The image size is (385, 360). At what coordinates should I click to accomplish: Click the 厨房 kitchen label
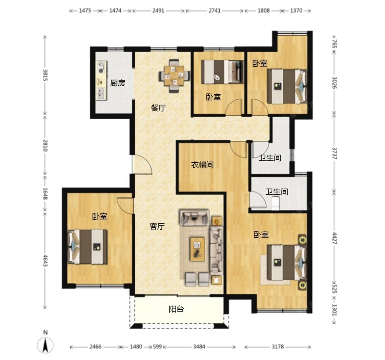coord(117,83)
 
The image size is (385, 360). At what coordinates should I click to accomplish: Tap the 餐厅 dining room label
coord(158,108)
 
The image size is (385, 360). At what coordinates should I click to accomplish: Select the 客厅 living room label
coord(157,226)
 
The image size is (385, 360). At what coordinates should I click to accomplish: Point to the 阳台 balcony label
coord(176,309)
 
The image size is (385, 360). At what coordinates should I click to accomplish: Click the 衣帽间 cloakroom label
coord(203,165)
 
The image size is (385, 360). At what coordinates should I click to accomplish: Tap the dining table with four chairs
coord(174,75)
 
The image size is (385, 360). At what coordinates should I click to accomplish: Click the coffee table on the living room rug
coord(197,249)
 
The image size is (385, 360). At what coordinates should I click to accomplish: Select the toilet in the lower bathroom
coord(276,203)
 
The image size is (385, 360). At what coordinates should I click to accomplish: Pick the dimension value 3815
coord(45,75)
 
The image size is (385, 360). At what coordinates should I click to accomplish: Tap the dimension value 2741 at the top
coord(214,10)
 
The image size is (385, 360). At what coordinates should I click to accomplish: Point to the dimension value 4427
coord(334,238)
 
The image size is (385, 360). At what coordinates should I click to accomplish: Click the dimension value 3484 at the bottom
coord(199,347)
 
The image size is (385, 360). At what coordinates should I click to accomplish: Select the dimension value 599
coord(157,347)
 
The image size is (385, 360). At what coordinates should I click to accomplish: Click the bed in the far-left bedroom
coord(88,247)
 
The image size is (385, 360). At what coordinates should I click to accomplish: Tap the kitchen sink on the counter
coord(101,93)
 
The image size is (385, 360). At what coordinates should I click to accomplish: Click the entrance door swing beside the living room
coord(142,165)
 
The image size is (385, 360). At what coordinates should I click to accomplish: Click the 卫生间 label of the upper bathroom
coord(270,158)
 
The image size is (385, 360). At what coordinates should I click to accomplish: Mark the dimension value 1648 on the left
coord(45,193)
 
